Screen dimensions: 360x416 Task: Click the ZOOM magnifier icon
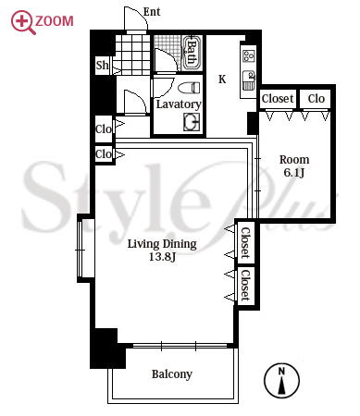(x=23, y=22)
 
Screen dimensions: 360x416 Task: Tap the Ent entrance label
(x=152, y=12)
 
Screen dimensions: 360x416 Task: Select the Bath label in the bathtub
(x=192, y=53)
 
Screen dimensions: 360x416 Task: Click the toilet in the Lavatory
(x=189, y=87)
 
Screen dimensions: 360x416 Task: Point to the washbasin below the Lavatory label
(x=192, y=122)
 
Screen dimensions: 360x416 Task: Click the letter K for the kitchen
(x=222, y=80)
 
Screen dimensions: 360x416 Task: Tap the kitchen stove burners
(x=249, y=56)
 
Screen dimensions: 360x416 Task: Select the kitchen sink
(x=249, y=80)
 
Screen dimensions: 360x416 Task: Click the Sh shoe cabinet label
(x=102, y=65)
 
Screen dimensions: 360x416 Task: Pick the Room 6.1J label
(x=294, y=165)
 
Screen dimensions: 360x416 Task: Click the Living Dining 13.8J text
(x=162, y=251)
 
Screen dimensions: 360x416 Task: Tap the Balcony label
(x=172, y=374)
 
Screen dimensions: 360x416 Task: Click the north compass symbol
(x=281, y=380)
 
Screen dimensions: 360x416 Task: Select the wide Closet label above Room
(x=278, y=99)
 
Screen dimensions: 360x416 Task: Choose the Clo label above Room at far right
(x=317, y=99)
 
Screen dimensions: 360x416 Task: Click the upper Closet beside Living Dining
(x=245, y=242)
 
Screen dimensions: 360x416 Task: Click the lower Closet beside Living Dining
(x=245, y=285)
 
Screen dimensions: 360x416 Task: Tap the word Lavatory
(x=179, y=104)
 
